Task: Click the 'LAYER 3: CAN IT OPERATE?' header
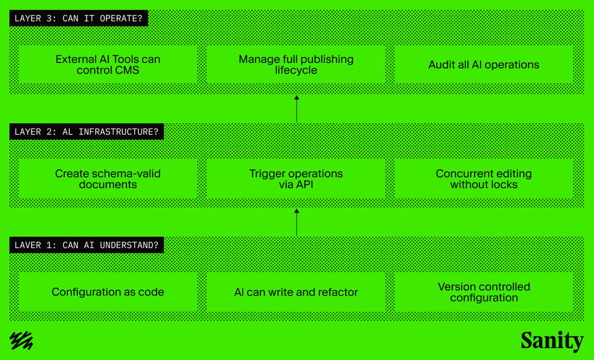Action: pyautogui.click(x=78, y=18)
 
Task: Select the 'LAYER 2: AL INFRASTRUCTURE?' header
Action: pyautogui.click(x=87, y=132)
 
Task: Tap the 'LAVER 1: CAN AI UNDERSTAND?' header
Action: pyautogui.click(x=87, y=246)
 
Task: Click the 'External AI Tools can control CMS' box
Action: pyautogui.click(x=108, y=64)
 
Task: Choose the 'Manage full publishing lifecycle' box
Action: pyautogui.click(x=296, y=64)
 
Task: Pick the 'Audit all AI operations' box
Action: pyautogui.click(x=484, y=64)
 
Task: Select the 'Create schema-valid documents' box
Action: pyautogui.click(x=108, y=179)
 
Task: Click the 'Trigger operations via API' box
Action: pyautogui.click(x=296, y=179)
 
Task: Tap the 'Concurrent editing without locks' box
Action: pyautogui.click(x=484, y=179)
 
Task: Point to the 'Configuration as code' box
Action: pyautogui.click(x=108, y=292)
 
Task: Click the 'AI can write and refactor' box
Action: pyautogui.click(x=296, y=292)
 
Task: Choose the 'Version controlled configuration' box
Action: pyautogui.click(x=484, y=292)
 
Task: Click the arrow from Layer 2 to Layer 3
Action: pyautogui.click(x=296, y=109)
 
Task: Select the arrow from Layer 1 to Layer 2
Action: pyautogui.click(x=296, y=223)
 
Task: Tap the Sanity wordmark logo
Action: pyautogui.click(x=552, y=341)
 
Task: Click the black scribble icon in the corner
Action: pyautogui.click(x=22, y=341)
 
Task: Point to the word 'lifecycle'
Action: pyautogui.click(x=296, y=71)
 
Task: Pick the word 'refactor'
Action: pyautogui.click(x=338, y=292)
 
